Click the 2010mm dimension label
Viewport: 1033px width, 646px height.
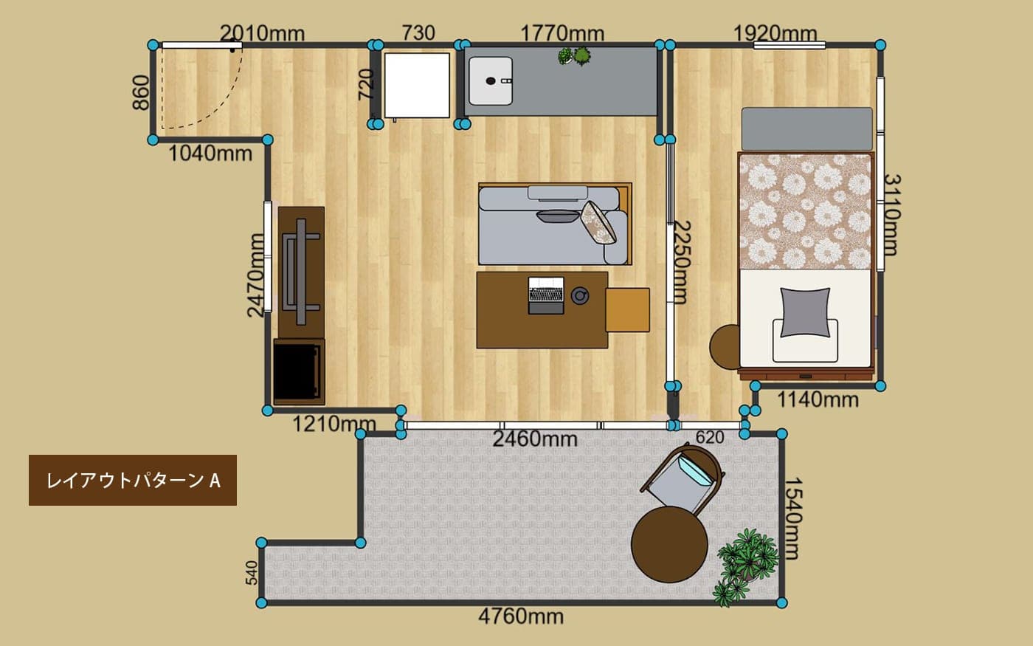[262, 33]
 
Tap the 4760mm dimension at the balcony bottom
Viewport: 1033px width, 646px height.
[521, 616]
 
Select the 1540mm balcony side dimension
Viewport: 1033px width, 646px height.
[794, 518]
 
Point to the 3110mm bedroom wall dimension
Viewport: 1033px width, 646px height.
[892, 215]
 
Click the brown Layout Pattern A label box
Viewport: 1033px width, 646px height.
[133, 481]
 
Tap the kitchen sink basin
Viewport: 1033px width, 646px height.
[491, 80]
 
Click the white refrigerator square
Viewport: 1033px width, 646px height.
[417, 86]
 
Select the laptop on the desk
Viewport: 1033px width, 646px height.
[546, 295]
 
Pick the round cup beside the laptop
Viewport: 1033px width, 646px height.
[580, 295]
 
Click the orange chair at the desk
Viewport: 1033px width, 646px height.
[628, 310]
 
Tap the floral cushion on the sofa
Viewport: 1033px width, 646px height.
[598, 222]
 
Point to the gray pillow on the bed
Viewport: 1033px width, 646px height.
[805, 312]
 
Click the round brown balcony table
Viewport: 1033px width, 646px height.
[669, 545]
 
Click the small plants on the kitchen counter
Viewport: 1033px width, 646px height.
[575, 56]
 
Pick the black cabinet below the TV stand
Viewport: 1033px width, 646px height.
[299, 372]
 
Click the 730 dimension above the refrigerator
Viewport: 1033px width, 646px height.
[418, 33]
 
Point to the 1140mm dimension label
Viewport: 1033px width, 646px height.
[818, 399]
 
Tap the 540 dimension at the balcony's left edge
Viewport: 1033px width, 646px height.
[252, 573]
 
